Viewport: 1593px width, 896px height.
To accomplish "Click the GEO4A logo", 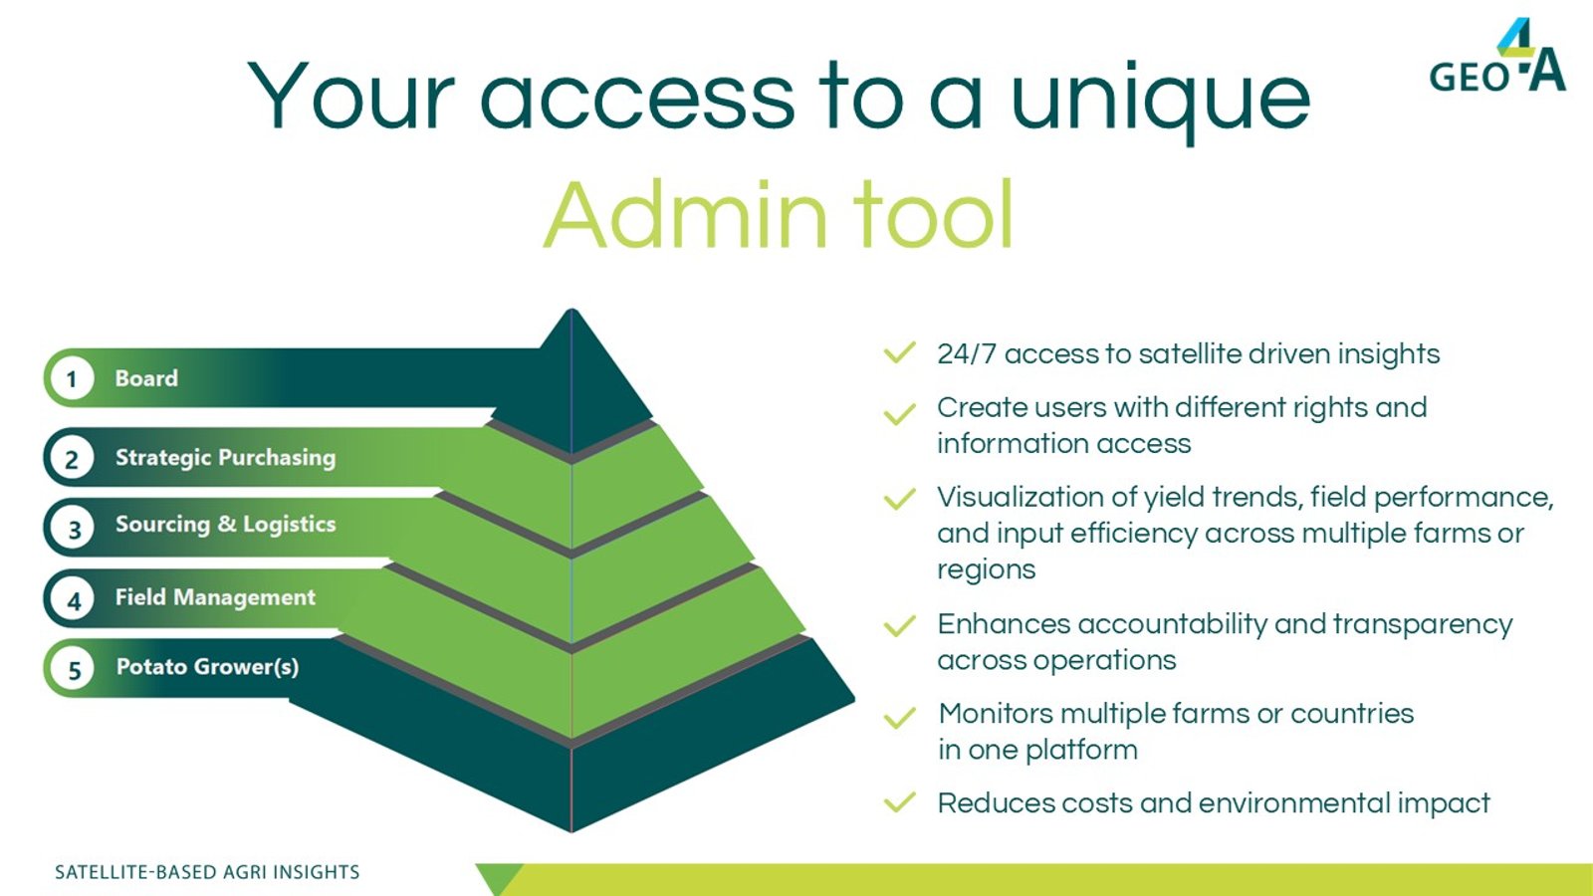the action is tap(1497, 56).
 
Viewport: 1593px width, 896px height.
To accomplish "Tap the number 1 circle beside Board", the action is tap(71, 378).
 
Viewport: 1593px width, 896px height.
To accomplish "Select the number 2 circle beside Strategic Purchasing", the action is tap(71, 458).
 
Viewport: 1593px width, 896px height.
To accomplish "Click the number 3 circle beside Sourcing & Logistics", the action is tap(73, 528).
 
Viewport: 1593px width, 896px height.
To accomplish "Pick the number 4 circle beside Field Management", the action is tap(73, 599).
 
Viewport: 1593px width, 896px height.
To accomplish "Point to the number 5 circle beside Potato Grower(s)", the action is tap(73, 669).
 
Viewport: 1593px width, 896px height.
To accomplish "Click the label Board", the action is tap(146, 377).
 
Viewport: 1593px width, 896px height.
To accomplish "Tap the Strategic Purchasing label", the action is tap(225, 457).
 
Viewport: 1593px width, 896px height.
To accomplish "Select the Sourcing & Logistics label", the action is tap(225, 524).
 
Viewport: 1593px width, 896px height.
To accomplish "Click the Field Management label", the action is tap(215, 597).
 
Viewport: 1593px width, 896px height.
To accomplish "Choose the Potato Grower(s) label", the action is tap(208, 667).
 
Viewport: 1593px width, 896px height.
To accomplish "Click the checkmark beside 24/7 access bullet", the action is tap(900, 352).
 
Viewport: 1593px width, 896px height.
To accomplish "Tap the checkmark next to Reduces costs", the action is tap(900, 801).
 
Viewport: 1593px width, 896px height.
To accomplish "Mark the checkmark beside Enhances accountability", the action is tap(900, 626).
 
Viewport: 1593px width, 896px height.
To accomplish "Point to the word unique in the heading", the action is tap(1160, 100).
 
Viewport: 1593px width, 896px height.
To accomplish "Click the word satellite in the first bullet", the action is tap(1189, 353).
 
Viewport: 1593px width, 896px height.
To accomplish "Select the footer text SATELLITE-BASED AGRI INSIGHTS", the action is tap(208, 872).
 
